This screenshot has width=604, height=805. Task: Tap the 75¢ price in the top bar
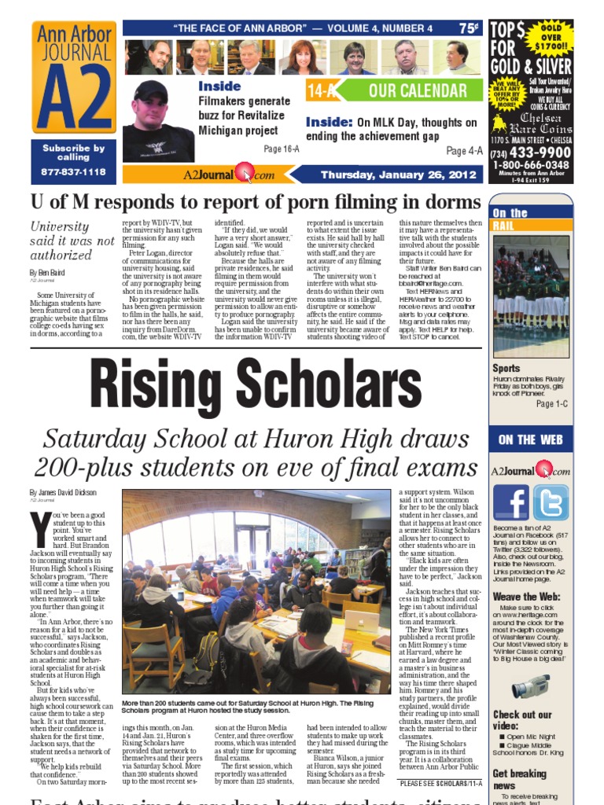point(469,28)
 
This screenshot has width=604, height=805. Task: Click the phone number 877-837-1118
point(73,171)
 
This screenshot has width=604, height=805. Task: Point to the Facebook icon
point(510,503)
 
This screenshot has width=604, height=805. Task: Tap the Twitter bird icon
point(550,503)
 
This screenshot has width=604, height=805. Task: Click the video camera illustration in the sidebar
point(529,687)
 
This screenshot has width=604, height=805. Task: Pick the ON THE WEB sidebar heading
point(529,439)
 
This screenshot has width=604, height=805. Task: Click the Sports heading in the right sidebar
point(506,368)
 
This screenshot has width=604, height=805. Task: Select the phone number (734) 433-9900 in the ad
point(531,153)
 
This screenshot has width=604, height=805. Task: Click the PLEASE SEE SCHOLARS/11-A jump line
point(440,784)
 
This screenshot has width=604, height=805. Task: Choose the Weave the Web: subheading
point(526,597)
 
